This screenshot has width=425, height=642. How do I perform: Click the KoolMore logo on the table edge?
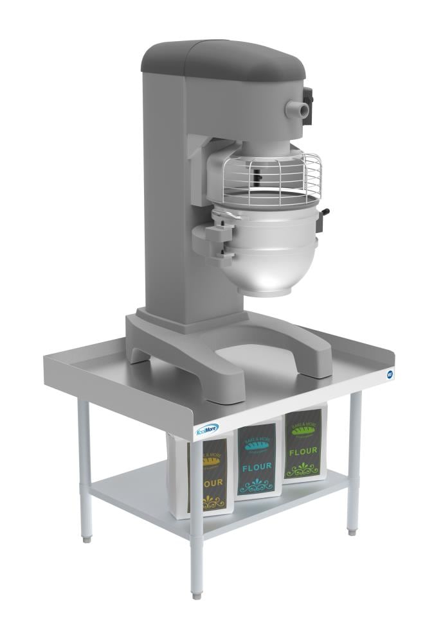[x=208, y=429]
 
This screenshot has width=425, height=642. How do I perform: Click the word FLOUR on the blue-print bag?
[x=257, y=467]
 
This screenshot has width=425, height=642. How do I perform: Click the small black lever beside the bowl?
[x=327, y=213]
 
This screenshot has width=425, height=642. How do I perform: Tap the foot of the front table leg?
[x=197, y=594]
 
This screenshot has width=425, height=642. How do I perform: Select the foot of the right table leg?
[x=352, y=531]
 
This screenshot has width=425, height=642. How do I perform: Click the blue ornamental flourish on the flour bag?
[x=258, y=483]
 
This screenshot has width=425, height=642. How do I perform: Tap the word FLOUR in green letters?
[x=302, y=451]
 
